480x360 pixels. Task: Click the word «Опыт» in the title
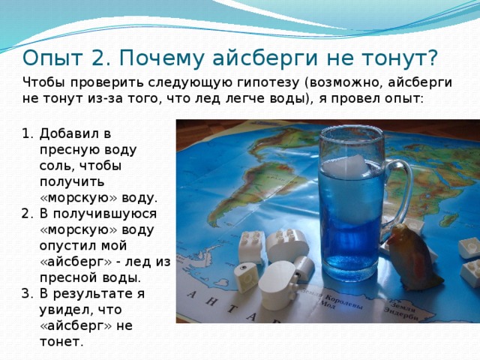click(x=52, y=58)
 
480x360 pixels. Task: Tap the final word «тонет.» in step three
click(x=61, y=342)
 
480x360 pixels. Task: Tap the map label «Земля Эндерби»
click(x=405, y=310)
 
